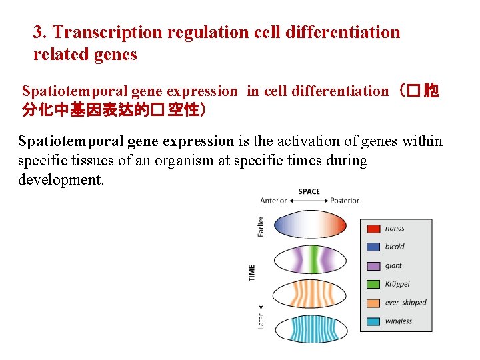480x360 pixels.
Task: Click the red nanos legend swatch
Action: (x=373, y=228)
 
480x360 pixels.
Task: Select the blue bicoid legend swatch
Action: (x=373, y=247)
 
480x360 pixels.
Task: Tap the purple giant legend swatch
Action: (x=373, y=265)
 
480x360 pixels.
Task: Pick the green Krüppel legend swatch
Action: (x=373, y=284)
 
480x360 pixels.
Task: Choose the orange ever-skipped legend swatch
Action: (x=373, y=303)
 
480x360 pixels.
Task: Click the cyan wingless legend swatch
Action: (x=373, y=321)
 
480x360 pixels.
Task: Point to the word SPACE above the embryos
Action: (x=309, y=191)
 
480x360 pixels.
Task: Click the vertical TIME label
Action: (x=252, y=273)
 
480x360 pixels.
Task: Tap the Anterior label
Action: (x=273, y=201)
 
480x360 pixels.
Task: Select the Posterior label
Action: (x=345, y=201)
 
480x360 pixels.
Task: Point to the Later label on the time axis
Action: (x=261, y=321)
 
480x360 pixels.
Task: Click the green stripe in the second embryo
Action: (x=311, y=259)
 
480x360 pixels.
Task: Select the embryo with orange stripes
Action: (x=311, y=294)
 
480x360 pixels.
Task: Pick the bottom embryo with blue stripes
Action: (x=311, y=329)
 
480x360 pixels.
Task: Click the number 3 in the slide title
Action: (x=39, y=32)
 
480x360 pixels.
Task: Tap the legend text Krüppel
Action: (x=398, y=284)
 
